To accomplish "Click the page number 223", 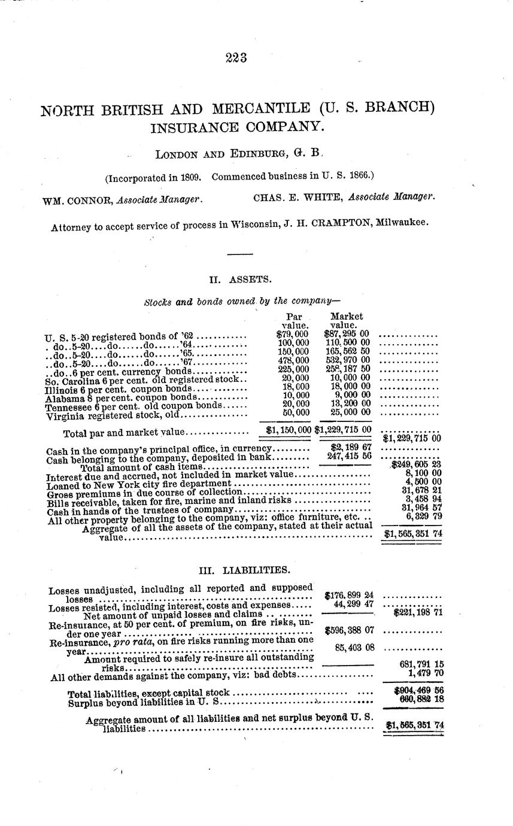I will tap(236, 58).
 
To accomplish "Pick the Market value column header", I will tap(346, 320).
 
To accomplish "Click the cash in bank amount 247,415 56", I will tap(349, 456).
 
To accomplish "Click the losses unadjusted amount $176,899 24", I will tap(349, 595).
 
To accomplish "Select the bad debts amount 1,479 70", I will tap(424, 673).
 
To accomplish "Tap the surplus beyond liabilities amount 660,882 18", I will tap(417, 699).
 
